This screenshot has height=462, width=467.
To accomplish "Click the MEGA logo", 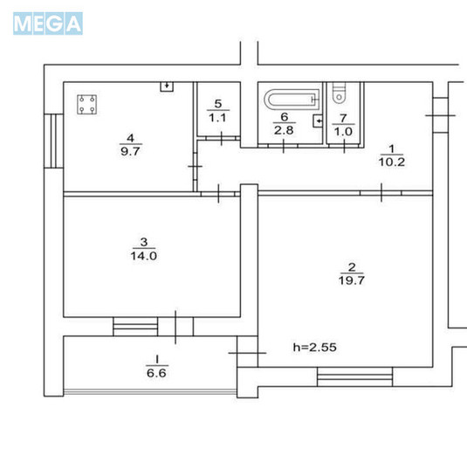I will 48,24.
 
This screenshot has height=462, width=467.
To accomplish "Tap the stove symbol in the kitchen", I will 86,106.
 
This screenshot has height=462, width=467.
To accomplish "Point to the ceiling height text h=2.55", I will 314,347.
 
